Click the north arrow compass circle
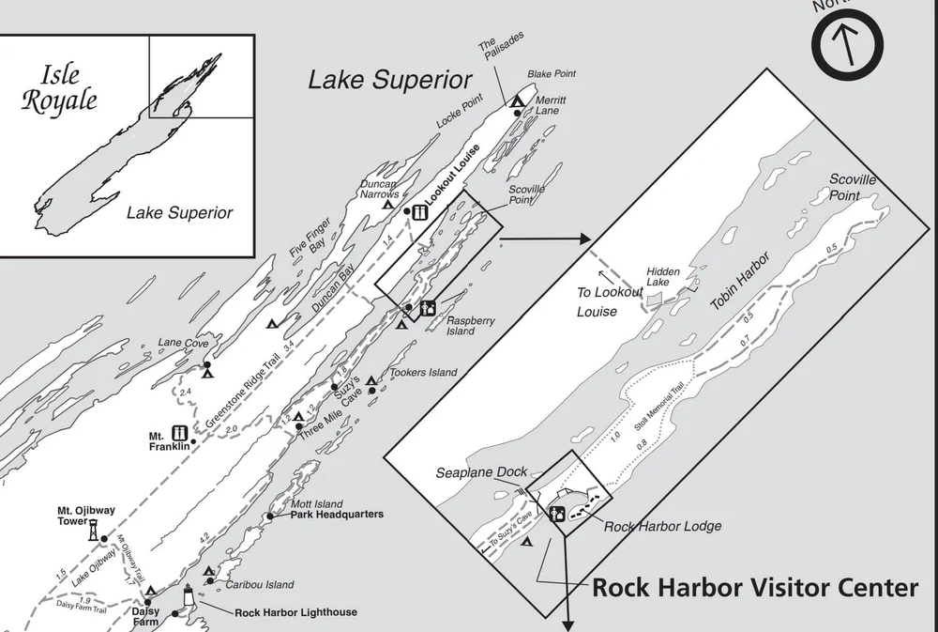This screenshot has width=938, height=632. pos(848,42)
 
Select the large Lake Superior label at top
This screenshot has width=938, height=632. pos(390,81)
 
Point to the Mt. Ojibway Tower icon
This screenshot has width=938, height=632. pos(93,530)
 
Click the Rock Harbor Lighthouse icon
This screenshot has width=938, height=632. pos(189,596)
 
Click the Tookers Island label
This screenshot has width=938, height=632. pos(423,373)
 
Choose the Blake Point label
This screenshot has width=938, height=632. pos(551,73)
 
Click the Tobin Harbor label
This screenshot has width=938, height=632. pos(739,281)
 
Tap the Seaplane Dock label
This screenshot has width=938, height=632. pos(481,471)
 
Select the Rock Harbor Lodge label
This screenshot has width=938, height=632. pos(662,526)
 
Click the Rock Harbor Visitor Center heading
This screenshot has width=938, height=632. pos(754,588)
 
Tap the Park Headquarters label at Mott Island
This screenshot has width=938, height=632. pos(337,515)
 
